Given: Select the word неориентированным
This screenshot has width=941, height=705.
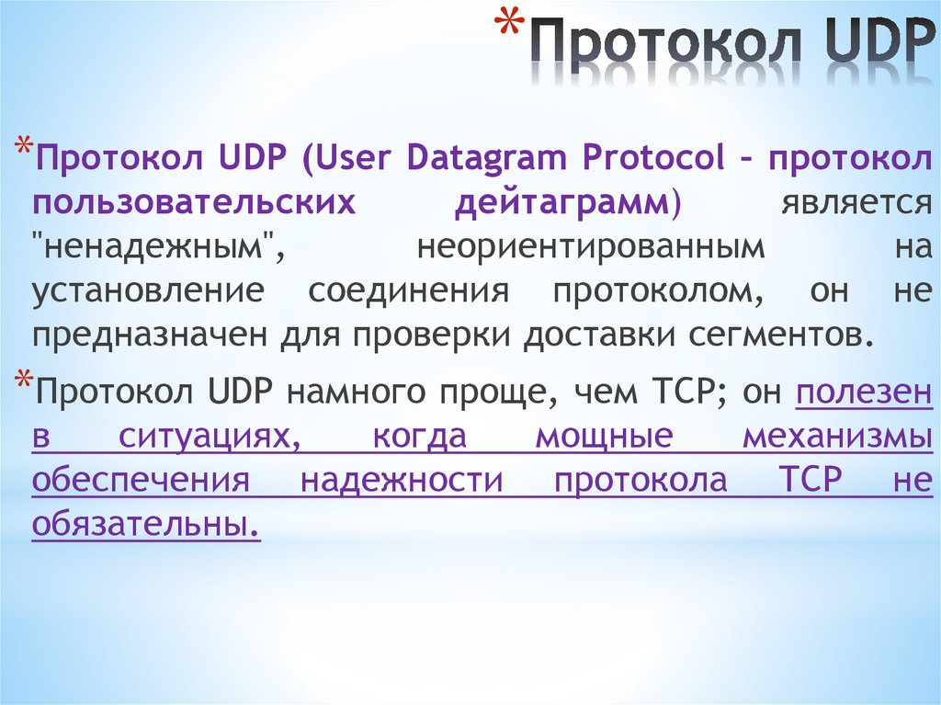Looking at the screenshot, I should coord(589,246).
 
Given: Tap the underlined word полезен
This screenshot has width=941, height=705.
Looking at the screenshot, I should coord(864,392).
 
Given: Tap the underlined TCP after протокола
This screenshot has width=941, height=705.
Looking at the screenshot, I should coord(810,481).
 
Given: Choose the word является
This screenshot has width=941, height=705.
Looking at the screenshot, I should coord(856,202).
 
